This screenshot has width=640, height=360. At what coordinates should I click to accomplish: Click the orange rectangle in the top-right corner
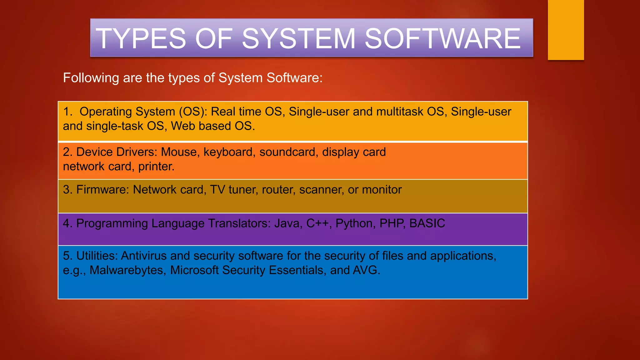click(566, 30)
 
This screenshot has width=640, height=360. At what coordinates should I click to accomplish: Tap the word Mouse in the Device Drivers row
click(179, 152)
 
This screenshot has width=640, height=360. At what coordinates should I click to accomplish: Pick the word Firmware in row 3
click(102, 190)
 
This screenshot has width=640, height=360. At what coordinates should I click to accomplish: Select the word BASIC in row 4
click(427, 223)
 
